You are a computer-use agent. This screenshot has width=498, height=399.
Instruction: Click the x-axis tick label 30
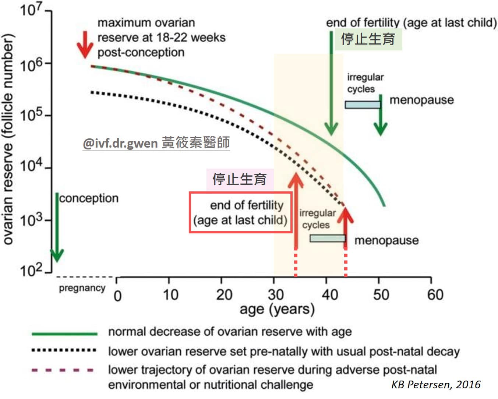pyautogui.click(x=275, y=295)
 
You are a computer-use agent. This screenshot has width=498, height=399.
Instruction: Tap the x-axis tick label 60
pyautogui.click(x=435, y=295)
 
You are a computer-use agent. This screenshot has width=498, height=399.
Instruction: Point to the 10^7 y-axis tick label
pyautogui.click(x=31, y=10)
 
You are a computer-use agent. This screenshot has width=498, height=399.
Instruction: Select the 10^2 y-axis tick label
pyautogui.click(x=31, y=271)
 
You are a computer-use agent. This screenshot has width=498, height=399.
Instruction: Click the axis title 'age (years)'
pyautogui.click(x=277, y=309)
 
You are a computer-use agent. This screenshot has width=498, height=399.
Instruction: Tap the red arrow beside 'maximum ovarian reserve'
pyautogui.click(x=85, y=44)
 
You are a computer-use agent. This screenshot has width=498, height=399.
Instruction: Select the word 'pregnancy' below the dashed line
pyautogui.click(x=82, y=288)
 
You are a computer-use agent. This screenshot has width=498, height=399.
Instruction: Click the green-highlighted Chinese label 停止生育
pyautogui.click(x=368, y=39)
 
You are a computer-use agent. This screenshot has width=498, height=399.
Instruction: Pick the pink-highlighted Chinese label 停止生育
pyautogui.click(x=240, y=180)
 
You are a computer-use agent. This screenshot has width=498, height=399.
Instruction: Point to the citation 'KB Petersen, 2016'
pyautogui.click(x=436, y=385)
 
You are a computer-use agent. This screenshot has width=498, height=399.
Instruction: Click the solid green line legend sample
pyautogui.click(x=64, y=333)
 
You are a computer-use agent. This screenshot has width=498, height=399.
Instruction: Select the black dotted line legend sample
pyautogui.click(x=64, y=350)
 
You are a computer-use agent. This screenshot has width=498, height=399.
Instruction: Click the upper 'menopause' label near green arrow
pyautogui.click(x=421, y=100)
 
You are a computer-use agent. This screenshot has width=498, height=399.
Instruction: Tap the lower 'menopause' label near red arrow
pyautogui.click(x=386, y=240)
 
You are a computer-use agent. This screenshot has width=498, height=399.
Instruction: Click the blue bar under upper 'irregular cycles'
pyautogui.click(x=362, y=105)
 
